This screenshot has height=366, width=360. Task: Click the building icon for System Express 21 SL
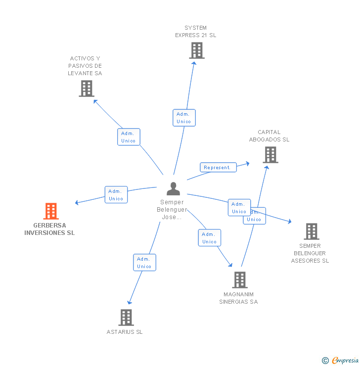197,50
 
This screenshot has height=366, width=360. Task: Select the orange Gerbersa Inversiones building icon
51,211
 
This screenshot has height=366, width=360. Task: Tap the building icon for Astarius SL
126,318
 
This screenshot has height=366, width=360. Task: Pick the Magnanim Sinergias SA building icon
240,280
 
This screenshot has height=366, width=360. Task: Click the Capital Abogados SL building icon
270,155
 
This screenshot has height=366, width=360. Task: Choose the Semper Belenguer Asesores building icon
311,231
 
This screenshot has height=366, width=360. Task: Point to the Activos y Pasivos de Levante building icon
87,89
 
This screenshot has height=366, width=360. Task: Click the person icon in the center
173,188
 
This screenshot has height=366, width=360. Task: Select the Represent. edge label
218,167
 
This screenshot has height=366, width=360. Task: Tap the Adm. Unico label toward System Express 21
184,118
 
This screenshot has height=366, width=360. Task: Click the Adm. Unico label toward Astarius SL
144,263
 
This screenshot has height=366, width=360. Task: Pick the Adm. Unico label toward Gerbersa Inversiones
116,195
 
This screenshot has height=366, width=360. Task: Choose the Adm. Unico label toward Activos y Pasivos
129,137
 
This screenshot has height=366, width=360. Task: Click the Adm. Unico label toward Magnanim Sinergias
210,238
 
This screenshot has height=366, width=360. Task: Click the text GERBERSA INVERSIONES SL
49,229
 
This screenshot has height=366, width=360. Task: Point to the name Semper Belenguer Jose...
172,210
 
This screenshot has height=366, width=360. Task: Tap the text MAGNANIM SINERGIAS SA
239,298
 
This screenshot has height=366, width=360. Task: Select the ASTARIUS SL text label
125,332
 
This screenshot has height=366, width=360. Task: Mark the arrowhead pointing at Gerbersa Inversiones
77,202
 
